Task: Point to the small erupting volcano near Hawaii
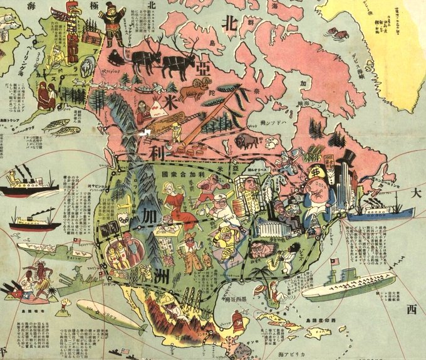click(x=65, y=309)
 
